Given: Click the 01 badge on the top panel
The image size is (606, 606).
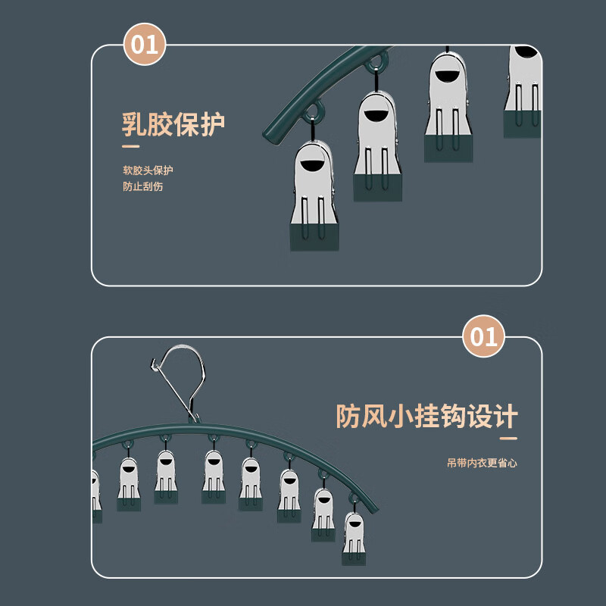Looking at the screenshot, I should [145, 45].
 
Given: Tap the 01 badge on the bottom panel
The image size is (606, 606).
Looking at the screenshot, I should [484, 336].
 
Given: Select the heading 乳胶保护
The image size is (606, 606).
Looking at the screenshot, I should [173, 123].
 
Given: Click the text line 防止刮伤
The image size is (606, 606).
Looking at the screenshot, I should [143, 186].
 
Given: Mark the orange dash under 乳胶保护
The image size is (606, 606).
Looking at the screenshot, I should [131, 147].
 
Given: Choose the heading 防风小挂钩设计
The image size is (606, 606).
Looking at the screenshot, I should [426, 416].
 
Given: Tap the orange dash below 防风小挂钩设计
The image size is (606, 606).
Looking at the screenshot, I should [508, 438].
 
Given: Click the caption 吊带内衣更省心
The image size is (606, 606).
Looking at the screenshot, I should [482, 463].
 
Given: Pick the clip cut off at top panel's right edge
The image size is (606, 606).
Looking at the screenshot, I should [523, 91].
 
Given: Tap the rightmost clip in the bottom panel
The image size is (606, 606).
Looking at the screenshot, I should [353, 539].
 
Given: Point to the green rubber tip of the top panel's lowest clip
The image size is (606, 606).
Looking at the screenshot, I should [314, 236].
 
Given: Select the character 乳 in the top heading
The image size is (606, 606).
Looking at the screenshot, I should [135, 123].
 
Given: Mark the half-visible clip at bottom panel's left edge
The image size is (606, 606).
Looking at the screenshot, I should [96, 495].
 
